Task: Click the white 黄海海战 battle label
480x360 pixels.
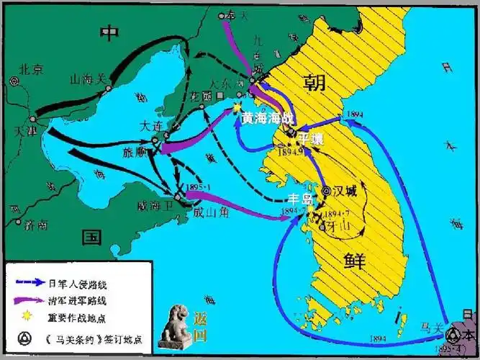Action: (268, 119)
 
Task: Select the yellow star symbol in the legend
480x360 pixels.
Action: (28, 317)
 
